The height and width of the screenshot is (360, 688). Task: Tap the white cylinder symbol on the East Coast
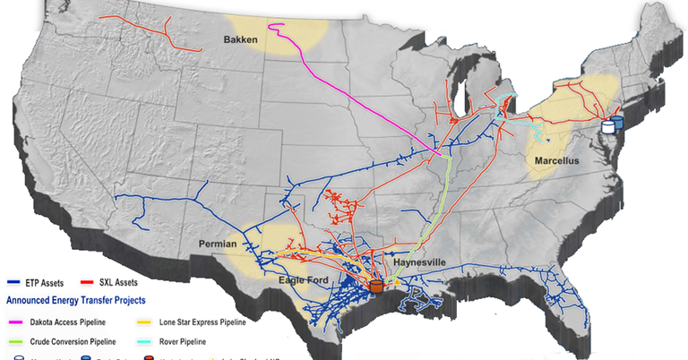coord(609,126)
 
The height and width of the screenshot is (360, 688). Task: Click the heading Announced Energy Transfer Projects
coord(76,300)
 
